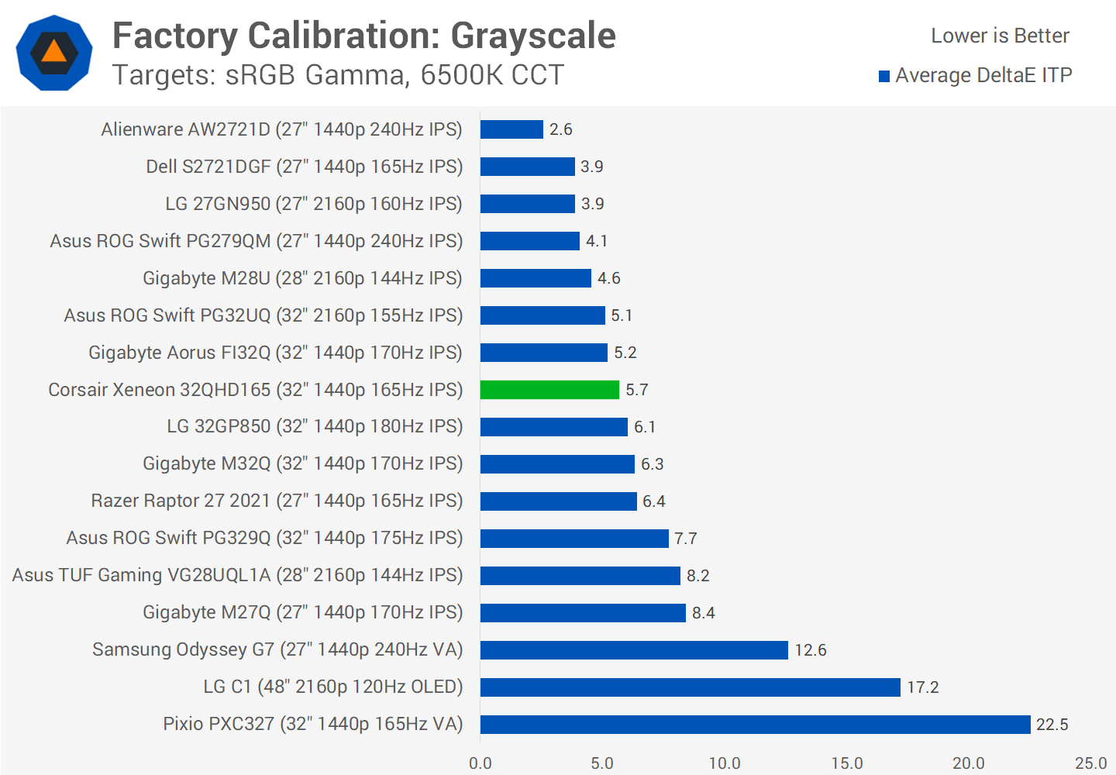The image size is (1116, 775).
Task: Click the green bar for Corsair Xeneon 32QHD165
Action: pos(549,390)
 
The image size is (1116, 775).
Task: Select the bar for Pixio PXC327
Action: pos(755,725)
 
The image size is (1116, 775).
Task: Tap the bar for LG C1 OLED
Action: pos(690,687)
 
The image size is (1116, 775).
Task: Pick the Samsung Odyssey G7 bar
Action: pos(634,650)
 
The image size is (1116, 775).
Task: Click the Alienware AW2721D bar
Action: pos(511,129)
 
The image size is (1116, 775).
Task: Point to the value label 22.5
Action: pos(1052,725)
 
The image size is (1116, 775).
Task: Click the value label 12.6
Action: pos(810,650)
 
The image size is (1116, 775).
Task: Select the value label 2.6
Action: pos(560,129)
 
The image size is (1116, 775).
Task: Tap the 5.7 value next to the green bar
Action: pos(636,390)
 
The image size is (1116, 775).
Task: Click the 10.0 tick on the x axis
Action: pos(725,763)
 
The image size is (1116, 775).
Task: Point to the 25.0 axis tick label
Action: pos(1090,763)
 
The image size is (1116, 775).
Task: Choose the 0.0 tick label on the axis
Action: pos(480,763)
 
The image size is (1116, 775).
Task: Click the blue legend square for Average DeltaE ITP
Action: pos(884,76)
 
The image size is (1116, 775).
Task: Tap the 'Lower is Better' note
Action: pos(1000,36)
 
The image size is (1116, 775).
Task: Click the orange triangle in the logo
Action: pos(53,52)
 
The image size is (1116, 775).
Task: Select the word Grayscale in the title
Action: pos(533,36)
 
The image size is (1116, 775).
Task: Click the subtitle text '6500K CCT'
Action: pos(492,75)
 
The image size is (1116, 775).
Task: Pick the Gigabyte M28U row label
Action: pos(302,278)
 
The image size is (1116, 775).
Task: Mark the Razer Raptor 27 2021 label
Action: pos(277,501)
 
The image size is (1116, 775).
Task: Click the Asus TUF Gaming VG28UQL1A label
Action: pos(237,575)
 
